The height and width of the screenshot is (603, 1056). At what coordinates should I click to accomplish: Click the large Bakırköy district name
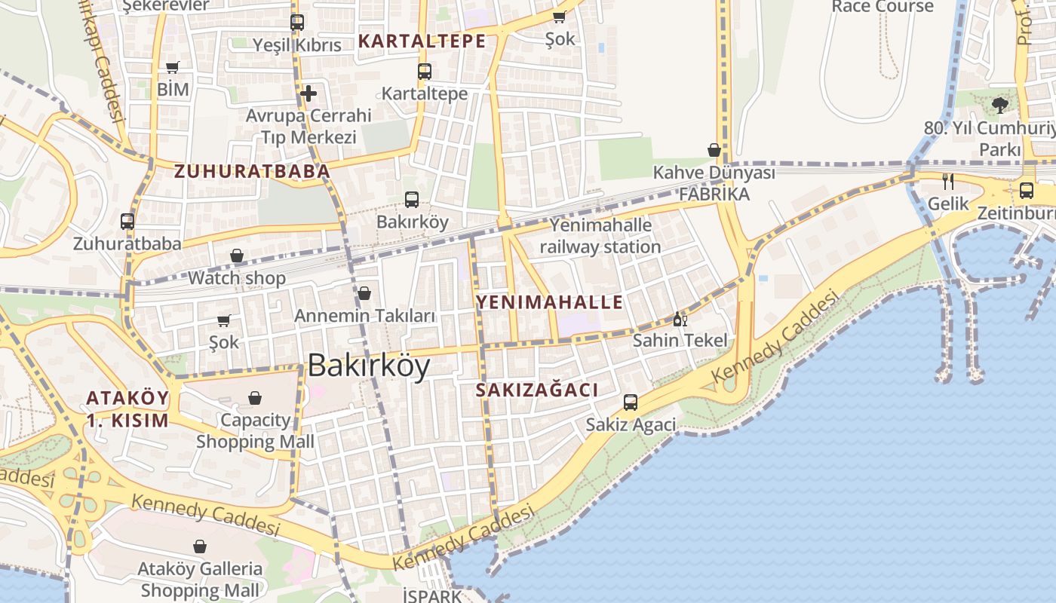[369, 366]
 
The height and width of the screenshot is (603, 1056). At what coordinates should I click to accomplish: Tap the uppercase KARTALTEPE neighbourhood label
[422, 41]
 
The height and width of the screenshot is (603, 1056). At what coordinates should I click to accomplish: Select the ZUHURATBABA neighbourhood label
[253, 172]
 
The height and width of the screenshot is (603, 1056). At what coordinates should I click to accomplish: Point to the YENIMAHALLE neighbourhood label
[550, 303]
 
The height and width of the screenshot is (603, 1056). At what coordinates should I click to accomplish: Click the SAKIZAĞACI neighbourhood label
[537, 390]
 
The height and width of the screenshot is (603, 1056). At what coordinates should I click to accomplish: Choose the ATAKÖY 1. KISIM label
[127, 409]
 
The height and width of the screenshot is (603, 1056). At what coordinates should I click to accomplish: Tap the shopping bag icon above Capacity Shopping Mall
[255, 397]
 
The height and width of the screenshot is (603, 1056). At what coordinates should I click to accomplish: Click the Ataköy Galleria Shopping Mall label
[200, 580]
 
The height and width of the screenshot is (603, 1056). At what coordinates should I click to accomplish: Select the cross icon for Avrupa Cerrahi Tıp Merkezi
[308, 93]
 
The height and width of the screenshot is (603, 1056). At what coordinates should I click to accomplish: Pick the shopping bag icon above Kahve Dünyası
[714, 150]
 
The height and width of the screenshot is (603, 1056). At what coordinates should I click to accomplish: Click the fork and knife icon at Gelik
[948, 181]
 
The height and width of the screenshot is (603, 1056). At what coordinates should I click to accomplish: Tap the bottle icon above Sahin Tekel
[679, 319]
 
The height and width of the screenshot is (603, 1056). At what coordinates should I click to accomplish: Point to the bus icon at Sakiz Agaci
[631, 403]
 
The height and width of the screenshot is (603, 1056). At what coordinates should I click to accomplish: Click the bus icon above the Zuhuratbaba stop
[127, 222]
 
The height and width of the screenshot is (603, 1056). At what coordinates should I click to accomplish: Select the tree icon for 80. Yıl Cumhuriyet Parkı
[1000, 105]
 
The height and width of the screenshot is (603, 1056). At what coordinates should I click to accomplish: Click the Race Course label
[882, 7]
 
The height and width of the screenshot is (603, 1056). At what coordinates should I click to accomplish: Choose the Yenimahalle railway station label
[600, 236]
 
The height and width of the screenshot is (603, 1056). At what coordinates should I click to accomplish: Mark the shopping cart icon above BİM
[173, 68]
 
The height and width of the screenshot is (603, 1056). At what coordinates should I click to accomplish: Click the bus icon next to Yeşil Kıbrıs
[297, 23]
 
